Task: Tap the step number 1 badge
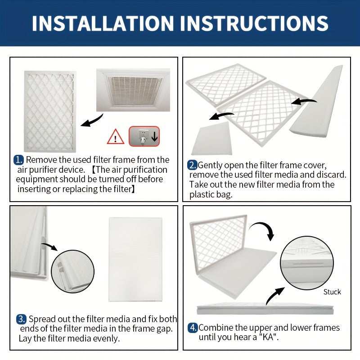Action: tap(18, 160)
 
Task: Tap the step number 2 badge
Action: tap(193, 165)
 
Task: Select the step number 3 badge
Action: tap(21, 319)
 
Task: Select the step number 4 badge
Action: tap(193, 328)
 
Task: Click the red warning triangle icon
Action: tap(116, 136)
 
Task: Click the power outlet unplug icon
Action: tap(144, 136)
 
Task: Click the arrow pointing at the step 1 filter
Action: tap(92, 121)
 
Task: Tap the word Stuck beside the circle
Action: tap(332, 292)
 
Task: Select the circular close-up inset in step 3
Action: tap(72, 270)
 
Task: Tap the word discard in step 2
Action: tap(332, 175)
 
